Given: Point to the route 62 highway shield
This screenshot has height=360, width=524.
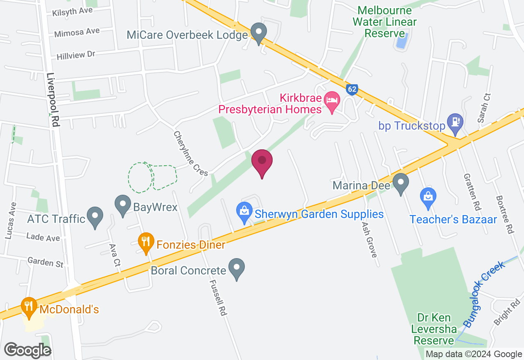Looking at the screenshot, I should pyautogui.click(x=352, y=90).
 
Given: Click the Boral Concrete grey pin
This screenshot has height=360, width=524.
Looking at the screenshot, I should pyautogui.click(x=237, y=268).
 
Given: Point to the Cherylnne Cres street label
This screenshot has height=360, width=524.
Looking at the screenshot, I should pyautogui.click(x=190, y=154).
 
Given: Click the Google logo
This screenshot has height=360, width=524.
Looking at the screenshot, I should pyautogui.click(x=27, y=350).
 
